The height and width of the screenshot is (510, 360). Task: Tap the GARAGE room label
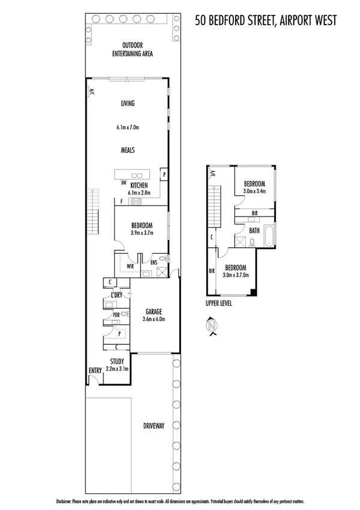coord(154,312)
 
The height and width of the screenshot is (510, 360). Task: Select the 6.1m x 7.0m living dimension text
coord(127,127)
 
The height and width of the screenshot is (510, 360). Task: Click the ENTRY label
coord(96,370)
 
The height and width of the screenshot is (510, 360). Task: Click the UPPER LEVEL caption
coord(219,304)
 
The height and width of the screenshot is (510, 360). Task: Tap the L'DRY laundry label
coord(117,295)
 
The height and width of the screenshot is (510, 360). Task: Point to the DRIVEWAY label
coord(154,426)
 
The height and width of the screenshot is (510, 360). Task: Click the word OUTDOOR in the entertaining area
coord(132,46)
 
